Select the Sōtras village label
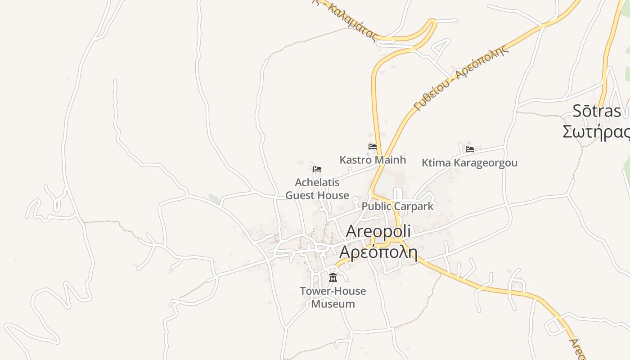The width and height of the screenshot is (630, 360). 597,111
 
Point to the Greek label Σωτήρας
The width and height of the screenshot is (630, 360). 597,131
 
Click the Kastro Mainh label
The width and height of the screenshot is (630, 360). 373,160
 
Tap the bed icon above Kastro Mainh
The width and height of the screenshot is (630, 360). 373,147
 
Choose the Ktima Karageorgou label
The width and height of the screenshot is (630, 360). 469,163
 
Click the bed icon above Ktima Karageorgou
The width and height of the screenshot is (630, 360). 470,149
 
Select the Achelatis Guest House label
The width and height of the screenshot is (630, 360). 317,189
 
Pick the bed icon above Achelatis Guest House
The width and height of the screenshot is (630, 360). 317,169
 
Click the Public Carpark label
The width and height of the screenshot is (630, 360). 397,206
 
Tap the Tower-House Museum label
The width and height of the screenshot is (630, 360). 333,297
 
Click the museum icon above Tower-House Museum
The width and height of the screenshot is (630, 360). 333,277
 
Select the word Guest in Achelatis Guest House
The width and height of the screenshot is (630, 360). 298,195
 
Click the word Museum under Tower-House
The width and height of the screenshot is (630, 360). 333,304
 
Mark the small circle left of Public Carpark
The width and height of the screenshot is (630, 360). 355,200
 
